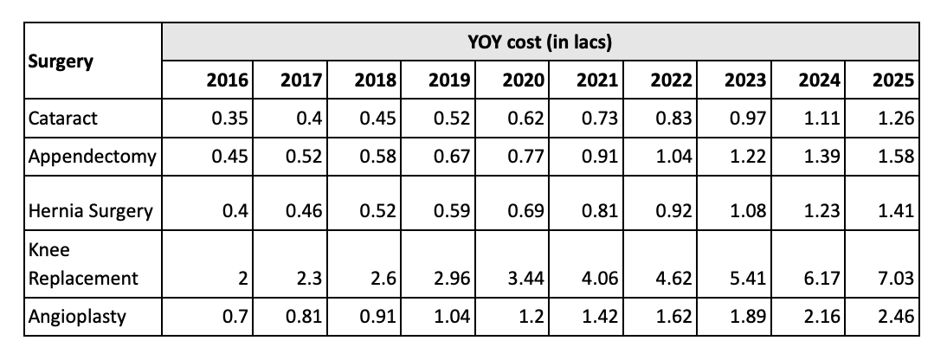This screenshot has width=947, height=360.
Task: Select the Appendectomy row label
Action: coord(93,157)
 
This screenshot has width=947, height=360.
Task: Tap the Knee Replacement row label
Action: coord(83,264)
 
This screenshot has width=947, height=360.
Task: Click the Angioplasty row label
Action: coord(77,316)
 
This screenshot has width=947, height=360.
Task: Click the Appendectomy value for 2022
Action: coord(673,157)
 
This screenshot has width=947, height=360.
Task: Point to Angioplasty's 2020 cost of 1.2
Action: coord(531,316)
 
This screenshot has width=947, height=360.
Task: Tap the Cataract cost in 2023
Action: coord(747,119)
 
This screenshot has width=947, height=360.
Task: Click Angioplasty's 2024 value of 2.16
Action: coord(821,316)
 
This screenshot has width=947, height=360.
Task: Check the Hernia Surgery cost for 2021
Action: coord(600,212)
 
